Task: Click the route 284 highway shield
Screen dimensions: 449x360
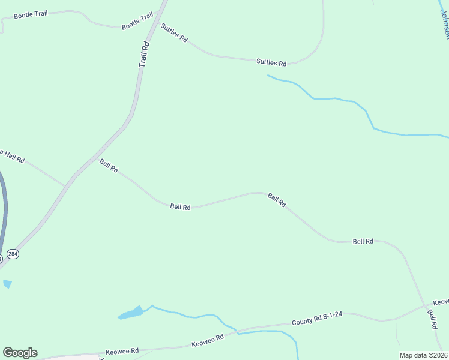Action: [13, 254]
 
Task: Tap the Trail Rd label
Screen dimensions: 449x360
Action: [143, 55]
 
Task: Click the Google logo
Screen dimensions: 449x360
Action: [20, 353]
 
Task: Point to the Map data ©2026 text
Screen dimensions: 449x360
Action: [423, 355]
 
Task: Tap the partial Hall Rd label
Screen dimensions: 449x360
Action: [12, 157]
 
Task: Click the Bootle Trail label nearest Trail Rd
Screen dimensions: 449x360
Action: [137, 22]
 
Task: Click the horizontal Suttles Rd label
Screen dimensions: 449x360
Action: [271, 61]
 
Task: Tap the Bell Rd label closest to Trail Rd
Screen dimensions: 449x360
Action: [109, 166]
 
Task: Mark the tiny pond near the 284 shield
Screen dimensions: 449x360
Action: [7, 284]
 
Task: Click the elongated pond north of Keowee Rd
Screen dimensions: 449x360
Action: [131, 313]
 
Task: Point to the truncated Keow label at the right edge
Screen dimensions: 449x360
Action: [441, 302]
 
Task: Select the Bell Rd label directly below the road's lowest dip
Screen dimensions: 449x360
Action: [180, 207]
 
